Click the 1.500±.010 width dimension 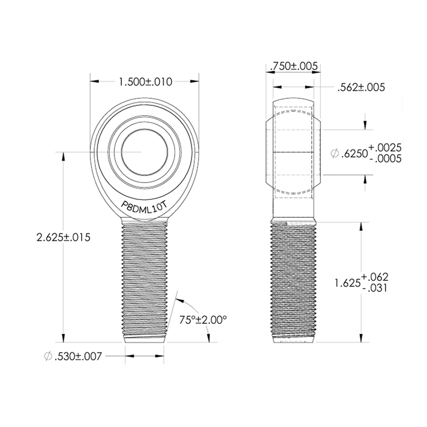point(145,82)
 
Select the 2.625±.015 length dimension point(63,238)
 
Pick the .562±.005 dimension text point(361,88)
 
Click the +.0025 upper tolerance point(385,148)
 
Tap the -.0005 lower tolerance point(385,159)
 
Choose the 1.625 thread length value point(347,283)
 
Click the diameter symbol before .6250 point(334,153)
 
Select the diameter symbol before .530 point(48,357)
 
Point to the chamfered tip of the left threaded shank point(144,339)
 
